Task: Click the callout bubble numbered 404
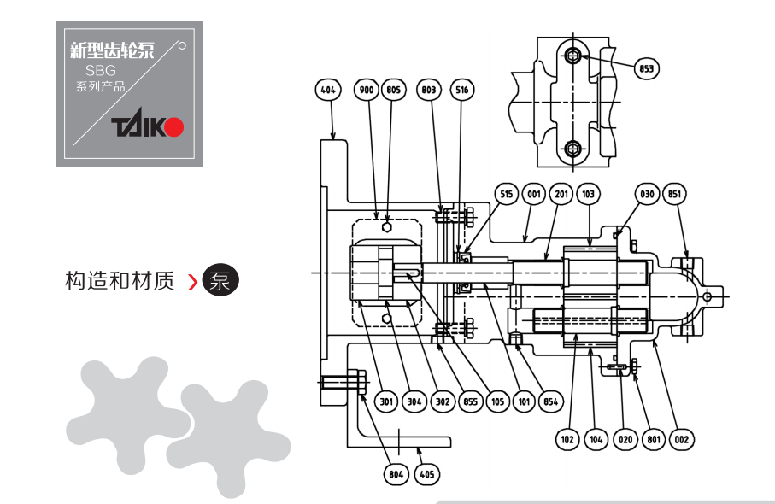click(x=328, y=90)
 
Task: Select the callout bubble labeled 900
click(x=367, y=90)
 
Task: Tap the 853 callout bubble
click(x=647, y=68)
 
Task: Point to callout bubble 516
click(x=462, y=90)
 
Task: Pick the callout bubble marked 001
click(x=534, y=194)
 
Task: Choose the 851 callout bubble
click(x=675, y=194)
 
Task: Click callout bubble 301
click(x=386, y=401)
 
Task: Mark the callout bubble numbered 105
click(x=497, y=401)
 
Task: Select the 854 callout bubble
click(x=550, y=401)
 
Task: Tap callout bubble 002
click(x=682, y=440)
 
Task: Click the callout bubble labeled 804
click(x=396, y=475)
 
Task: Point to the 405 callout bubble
click(x=427, y=475)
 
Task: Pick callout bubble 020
click(x=625, y=440)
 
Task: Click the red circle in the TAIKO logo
click(x=174, y=127)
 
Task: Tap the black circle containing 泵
click(x=220, y=280)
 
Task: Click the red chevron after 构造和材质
click(x=193, y=282)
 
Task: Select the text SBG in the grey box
click(x=100, y=71)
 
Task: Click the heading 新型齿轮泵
click(x=112, y=50)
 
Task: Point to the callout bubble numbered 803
click(x=429, y=90)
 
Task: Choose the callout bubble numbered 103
click(x=588, y=194)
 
